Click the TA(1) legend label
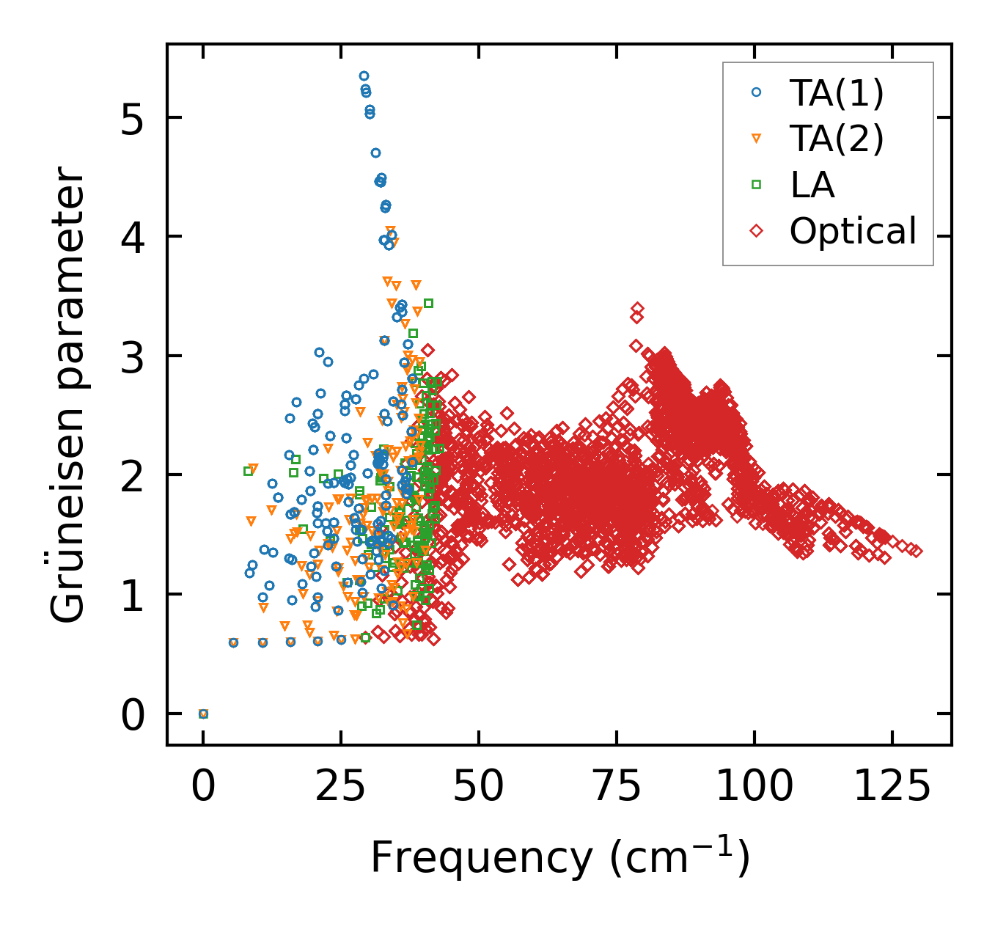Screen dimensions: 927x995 click(837, 93)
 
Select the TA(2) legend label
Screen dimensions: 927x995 click(837, 139)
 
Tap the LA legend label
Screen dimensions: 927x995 click(812, 185)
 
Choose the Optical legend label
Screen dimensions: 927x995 click(853, 231)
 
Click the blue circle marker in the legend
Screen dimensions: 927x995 click(757, 93)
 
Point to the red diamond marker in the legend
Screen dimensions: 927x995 click(757, 231)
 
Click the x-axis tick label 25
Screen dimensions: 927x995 click(341, 787)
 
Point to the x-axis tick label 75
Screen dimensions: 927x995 click(616, 787)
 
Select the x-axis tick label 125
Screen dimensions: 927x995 click(892, 787)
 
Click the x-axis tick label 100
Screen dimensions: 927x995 click(754, 787)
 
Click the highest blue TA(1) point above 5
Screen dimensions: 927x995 click(364, 76)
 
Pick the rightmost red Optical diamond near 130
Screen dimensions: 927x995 click(916, 552)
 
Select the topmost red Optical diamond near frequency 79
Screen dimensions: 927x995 click(637, 309)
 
